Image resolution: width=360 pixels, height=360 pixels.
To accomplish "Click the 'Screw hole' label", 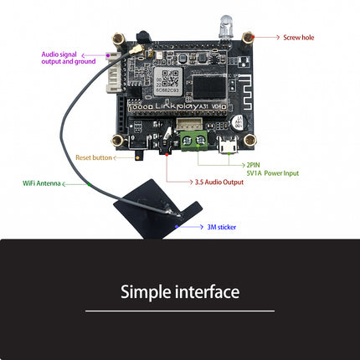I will point(298,37).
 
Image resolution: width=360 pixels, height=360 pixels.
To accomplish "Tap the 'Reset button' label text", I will point(93,157).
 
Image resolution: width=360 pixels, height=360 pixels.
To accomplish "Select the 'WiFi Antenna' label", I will point(41,183).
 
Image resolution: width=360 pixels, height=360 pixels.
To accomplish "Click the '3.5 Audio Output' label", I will point(219,182).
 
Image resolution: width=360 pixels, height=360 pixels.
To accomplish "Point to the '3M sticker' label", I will point(222,226).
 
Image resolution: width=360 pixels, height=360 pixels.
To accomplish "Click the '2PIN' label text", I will point(254,165).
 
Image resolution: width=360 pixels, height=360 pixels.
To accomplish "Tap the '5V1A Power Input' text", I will point(272,173).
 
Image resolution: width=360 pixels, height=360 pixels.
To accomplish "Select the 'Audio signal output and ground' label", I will point(68,58).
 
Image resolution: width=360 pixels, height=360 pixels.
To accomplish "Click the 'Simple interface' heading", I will point(180,292).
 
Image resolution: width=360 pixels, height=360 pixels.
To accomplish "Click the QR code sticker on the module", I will point(171,79).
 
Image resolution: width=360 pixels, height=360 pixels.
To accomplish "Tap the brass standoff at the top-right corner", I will point(249,37).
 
